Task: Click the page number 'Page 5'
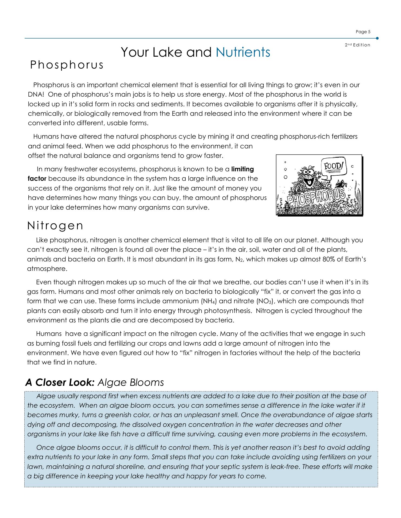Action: (x=363, y=32)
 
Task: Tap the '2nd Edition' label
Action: (x=357, y=45)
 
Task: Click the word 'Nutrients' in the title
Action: (x=243, y=52)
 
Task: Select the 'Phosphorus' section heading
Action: (x=67, y=65)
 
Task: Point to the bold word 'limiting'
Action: (x=242, y=169)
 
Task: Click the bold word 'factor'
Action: (x=37, y=179)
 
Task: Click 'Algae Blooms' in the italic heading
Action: (x=131, y=382)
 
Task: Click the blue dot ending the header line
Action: (x=377, y=38)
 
